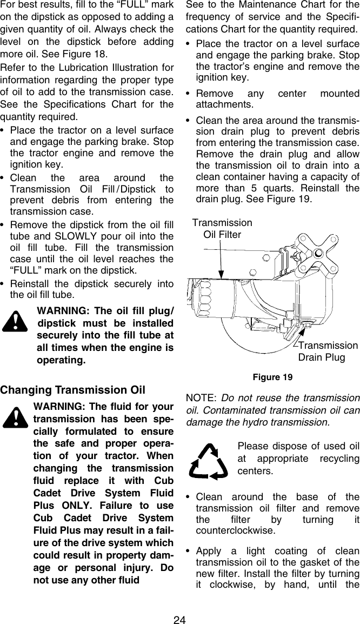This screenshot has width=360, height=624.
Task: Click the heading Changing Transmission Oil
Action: [73, 390]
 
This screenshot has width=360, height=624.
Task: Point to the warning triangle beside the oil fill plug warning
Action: [17, 323]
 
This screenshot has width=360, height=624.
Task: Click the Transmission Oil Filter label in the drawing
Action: [222, 229]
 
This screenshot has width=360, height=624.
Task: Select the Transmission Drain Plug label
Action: [328, 351]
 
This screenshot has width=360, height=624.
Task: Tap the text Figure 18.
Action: [89, 55]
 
